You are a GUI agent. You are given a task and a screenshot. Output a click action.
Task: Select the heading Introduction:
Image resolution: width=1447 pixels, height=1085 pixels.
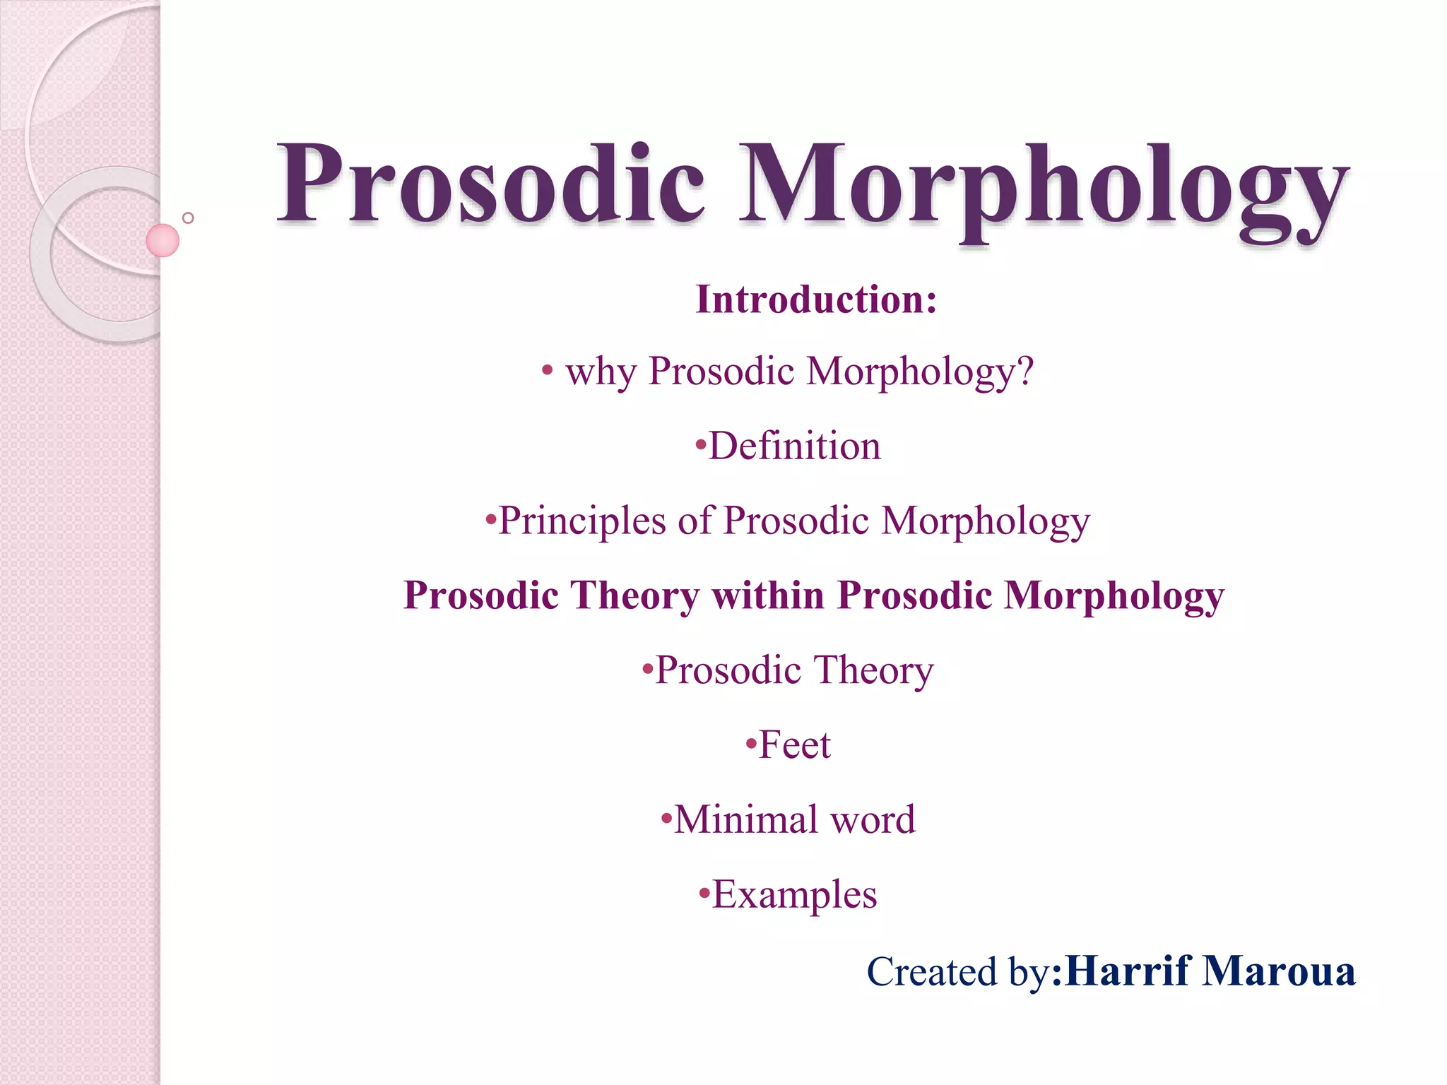[x=816, y=300]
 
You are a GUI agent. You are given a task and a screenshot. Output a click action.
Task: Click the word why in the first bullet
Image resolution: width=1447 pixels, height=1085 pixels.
[x=601, y=372]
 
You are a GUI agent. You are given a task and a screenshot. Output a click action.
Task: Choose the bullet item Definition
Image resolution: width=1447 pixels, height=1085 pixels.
[x=794, y=446]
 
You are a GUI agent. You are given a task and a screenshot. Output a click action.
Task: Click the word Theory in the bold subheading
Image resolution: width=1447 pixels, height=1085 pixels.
[x=634, y=596]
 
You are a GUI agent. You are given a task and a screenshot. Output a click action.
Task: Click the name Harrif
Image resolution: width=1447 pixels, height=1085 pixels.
[x=1128, y=971]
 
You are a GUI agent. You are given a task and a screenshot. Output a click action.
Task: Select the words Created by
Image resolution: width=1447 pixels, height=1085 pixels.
[x=958, y=972]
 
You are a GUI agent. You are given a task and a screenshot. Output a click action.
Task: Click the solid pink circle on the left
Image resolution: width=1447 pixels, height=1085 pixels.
[x=163, y=240]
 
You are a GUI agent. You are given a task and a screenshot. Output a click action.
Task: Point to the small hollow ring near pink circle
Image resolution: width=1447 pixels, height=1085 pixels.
[x=188, y=218]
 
